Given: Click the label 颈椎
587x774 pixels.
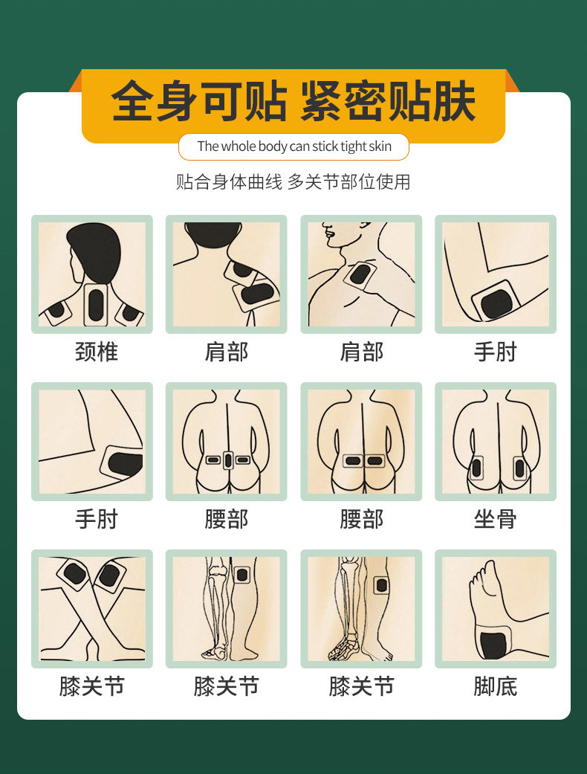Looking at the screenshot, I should pyautogui.click(x=97, y=352).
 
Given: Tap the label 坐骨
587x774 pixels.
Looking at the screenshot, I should pyautogui.click(x=495, y=519).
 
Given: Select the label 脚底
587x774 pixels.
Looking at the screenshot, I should pyautogui.click(x=495, y=686).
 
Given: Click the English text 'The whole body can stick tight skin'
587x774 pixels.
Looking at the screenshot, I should pyautogui.click(x=293, y=146).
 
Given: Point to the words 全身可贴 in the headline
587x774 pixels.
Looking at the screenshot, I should pyautogui.click(x=198, y=102).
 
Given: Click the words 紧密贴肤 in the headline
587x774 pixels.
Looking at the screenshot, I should pyautogui.click(x=387, y=102).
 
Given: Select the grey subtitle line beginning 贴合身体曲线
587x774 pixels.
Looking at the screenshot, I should pyautogui.click(x=293, y=182).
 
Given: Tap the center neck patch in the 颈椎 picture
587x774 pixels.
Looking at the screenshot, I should pyautogui.click(x=96, y=304).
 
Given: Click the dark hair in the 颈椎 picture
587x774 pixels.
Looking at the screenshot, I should pyautogui.click(x=93, y=249).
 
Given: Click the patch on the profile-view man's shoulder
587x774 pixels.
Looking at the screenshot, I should pyautogui.click(x=361, y=277).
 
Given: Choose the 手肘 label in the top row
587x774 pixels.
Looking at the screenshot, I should pyautogui.click(x=495, y=352).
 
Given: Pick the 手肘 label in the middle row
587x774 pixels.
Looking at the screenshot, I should pyautogui.click(x=97, y=519).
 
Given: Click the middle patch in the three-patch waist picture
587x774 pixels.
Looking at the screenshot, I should pyautogui.click(x=227, y=460).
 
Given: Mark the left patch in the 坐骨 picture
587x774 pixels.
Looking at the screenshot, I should pyautogui.click(x=476, y=468).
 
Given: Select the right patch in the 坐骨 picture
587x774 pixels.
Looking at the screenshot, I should pyautogui.click(x=519, y=468).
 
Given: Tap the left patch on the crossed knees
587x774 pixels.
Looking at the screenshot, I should pyautogui.click(x=74, y=573).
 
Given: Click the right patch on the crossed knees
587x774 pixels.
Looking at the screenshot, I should pyautogui.click(x=109, y=575).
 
